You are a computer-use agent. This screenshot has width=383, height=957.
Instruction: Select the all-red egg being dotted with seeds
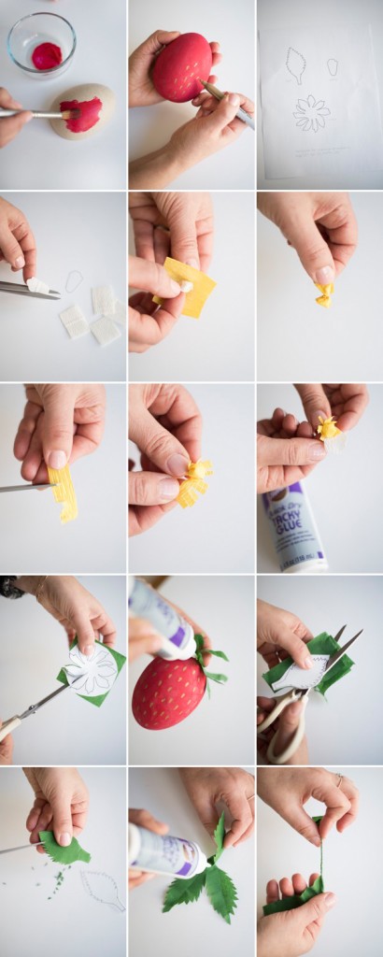[x=181, y=67]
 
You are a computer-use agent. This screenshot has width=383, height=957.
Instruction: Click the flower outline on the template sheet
[x=311, y=113]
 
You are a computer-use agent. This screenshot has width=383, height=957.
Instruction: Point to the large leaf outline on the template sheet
[x=296, y=64]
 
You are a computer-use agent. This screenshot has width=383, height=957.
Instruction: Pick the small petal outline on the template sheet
[x=333, y=66]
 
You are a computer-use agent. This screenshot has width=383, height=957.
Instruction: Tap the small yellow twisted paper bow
[x=323, y=294]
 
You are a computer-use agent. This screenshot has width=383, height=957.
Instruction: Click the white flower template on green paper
[x=92, y=671]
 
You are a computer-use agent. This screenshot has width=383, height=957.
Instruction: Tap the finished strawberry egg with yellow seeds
[x=168, y=693]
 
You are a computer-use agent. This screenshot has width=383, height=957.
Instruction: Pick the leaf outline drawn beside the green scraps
[x=102, y=890]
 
